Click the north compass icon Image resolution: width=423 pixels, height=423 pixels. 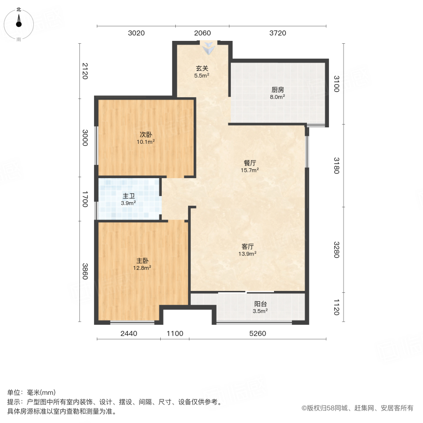pyautogui.click(x=19, y=23)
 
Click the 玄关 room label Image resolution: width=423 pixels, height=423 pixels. pyautogui.click(x=203, y=68)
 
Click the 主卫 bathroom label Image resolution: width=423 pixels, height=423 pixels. pyautogui.click(x=129, y=196)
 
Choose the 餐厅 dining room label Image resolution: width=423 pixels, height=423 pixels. pyautogui.click(x=250, y=163)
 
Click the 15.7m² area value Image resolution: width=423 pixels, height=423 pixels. pyautogui.click(x=250, y=171)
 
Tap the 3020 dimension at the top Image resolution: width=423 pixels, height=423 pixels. pyautogui.click(x=136, y=33)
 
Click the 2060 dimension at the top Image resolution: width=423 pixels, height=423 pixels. pyautogui.click(x=203, y=33)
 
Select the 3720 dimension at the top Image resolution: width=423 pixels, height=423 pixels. pyautogui.click(x=278, y=33)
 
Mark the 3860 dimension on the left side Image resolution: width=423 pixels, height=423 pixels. pyautogui.click(x=85, y=272)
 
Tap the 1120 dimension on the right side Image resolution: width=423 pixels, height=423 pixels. pyautogui.click(x=336, y=308)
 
